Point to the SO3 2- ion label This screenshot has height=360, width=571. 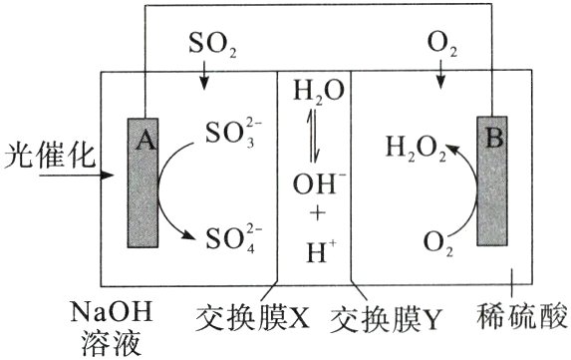click(233, 135)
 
